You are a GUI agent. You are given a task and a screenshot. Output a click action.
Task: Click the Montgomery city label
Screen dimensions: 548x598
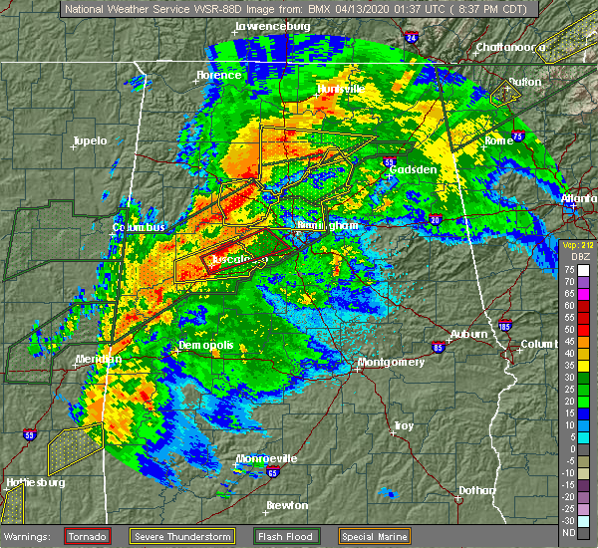[391, 362]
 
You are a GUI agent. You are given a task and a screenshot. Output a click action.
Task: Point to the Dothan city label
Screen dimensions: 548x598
[475, 490]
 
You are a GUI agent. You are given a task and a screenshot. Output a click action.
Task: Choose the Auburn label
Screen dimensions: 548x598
[468, 334]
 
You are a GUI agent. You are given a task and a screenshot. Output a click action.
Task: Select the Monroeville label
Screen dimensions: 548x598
[266, 458]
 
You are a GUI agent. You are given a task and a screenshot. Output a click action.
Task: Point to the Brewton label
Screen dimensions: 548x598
[286, 505]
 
